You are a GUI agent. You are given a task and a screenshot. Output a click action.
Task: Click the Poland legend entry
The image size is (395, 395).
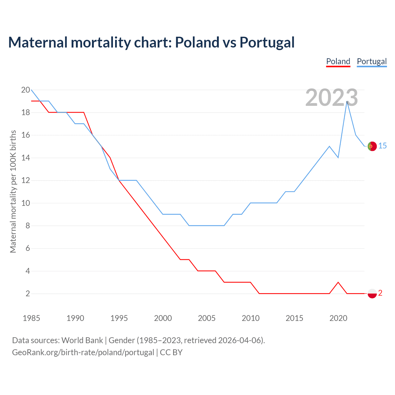[x=338, y=61]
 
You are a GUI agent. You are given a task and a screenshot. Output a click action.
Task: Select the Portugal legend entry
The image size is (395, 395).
[x=372, y=61]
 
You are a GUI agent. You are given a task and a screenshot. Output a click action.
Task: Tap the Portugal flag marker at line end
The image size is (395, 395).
[x=372, y=146]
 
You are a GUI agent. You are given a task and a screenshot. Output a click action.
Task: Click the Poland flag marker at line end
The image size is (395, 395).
[x=372, y=293]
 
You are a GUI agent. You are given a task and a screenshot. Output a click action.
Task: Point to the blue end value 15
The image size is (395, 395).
[x=382, y=146]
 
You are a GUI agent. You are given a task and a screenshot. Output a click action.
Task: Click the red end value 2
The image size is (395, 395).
[x=380, y=293]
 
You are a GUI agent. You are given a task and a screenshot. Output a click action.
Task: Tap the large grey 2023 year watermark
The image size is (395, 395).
[x=331, y=98]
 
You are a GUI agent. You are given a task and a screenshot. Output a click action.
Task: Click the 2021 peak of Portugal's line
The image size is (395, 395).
[x=347, y=102]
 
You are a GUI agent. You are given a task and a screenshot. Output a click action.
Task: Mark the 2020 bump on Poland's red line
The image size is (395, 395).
[x=338, y=282]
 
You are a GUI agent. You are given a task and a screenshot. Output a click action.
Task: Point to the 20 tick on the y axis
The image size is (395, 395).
[x=26, y=90]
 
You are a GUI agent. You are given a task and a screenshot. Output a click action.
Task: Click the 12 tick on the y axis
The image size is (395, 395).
[x=26, y=181]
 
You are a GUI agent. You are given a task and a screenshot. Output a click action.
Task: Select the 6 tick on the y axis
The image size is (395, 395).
[x=28, y=248]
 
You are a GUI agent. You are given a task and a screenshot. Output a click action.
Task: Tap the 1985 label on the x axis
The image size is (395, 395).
[x=31, y=318]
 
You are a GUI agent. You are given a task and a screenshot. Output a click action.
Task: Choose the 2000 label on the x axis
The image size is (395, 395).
[x=163, y=318]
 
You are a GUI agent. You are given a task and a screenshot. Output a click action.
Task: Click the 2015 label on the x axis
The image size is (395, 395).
[x=294, y=318]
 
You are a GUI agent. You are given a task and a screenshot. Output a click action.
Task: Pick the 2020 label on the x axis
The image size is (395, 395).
[x=338, y=318]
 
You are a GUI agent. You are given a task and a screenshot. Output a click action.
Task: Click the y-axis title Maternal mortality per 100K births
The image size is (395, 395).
[x=13, y=191]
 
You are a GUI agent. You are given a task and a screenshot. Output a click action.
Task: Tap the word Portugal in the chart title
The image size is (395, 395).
[x=267, y=42]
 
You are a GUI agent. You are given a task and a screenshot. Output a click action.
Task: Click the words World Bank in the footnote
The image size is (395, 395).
[x=82, y=340]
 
